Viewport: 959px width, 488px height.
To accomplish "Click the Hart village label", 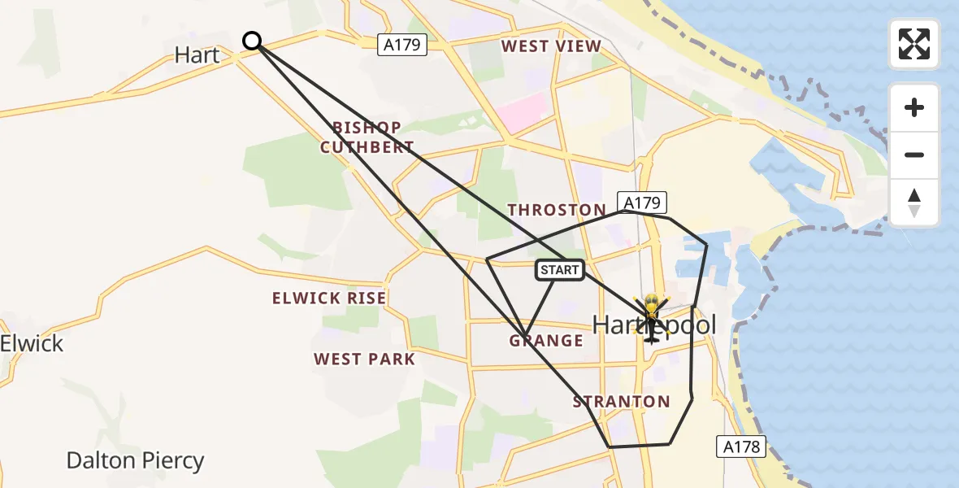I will click(197, 55).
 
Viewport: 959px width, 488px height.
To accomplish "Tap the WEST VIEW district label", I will click(551, 46).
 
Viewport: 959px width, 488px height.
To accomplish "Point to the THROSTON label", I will click(557, 210).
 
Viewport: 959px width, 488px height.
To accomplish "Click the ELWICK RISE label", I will click(329, 298).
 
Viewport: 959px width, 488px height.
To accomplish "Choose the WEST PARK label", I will click(364, 359).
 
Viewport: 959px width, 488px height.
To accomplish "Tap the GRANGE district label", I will click(546, 340).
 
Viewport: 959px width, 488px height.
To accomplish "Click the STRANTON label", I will click(621, 401).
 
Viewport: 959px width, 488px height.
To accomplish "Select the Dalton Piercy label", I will click(135, 461).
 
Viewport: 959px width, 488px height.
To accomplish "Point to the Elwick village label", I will click(32, 343).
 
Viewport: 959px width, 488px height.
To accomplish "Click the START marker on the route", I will click(560, 270).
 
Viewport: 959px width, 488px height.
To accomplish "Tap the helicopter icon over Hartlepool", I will click(651, 317).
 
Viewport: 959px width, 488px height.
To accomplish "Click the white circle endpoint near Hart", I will click(252, 41).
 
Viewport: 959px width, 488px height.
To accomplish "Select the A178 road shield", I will click(740, 446).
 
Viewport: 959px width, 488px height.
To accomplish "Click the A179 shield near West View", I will click(403, 45).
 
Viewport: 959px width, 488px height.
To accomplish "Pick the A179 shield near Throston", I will click(642, 202).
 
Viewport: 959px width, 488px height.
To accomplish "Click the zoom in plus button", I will click(914, 107).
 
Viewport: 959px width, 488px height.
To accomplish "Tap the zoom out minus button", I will click(914, 155).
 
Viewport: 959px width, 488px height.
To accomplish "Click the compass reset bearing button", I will click(914, 203).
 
